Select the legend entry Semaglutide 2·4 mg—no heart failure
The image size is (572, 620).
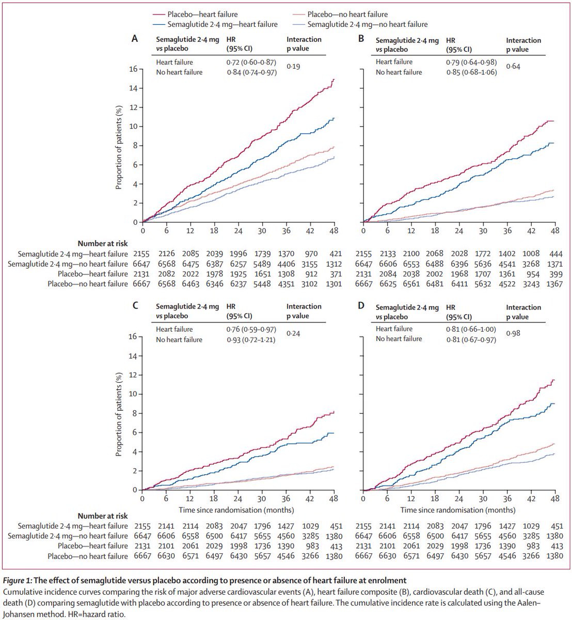point(367,24)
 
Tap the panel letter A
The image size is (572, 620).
point(135,38)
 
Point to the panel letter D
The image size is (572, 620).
point(361,306)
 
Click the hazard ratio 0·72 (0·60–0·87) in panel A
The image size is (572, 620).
point(252,62)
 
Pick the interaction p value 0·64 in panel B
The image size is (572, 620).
point(512,66)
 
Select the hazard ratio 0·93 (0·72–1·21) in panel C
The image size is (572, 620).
point(252,340)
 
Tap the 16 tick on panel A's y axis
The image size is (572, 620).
point(133,69)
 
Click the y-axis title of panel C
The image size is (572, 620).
point(119,413)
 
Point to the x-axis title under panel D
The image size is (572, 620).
point(458,510)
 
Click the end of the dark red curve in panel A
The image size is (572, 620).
point(334,79)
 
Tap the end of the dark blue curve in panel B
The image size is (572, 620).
point(554,143)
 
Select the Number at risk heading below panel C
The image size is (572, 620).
point(103,516)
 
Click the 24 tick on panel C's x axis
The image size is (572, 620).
point(237,500)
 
